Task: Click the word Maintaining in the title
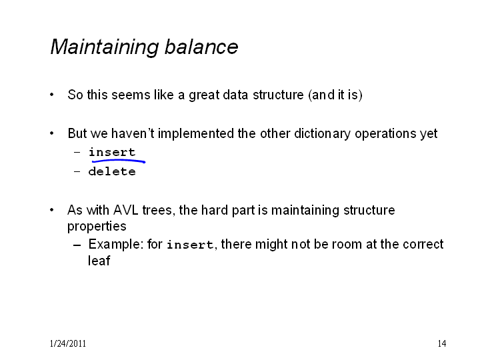point(105,47)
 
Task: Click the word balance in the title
point(201,47)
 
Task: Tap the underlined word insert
point(112,152)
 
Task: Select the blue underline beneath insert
point(119,161)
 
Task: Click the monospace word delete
point(112,171)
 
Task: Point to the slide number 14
point(442,343)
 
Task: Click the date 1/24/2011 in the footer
point(67,343)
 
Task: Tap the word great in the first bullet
point(203,95)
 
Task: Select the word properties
point(97,227)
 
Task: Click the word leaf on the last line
point(99,261)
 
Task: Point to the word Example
point(116,245)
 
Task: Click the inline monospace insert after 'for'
point(190,245)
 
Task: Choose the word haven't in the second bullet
point(133,133)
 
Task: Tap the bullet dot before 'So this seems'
point(52,95)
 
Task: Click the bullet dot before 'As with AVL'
point(52,210)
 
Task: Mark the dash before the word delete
point(77,171)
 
